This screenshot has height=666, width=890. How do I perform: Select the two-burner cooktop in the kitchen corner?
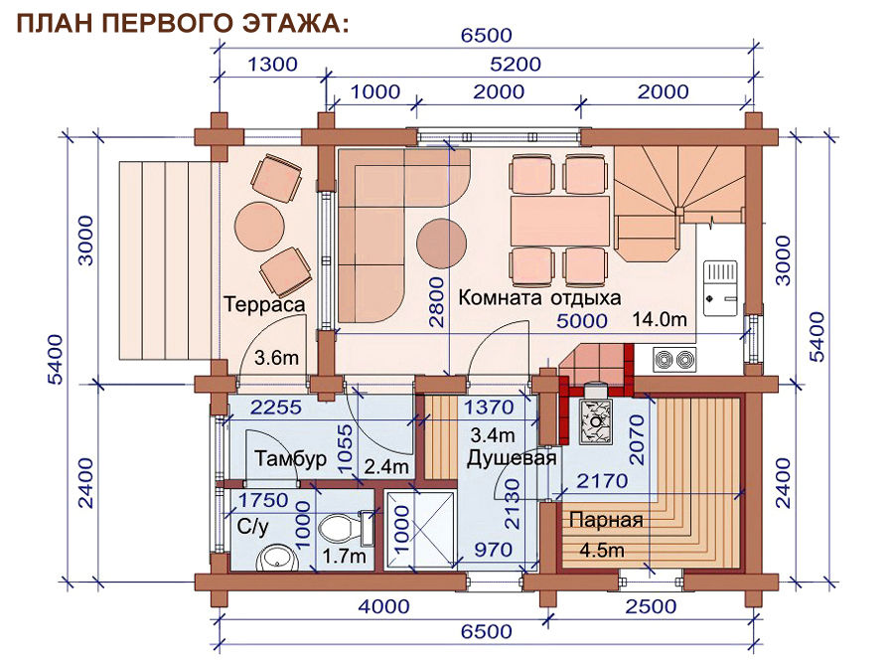coord(673,359)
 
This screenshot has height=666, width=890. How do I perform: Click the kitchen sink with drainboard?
coord(720,287)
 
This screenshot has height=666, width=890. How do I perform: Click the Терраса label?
coord(264,304)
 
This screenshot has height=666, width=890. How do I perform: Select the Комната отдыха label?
coord(539,297)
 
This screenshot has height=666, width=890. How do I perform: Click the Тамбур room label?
coord(290,458)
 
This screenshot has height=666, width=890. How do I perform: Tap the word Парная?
coord(606,520)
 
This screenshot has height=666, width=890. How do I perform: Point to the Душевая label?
coord(512,458)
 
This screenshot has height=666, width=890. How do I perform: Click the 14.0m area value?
coord(660,319)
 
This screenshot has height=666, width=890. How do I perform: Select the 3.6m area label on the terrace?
coord(276,358)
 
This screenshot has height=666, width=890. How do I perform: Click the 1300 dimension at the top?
coord(272,65)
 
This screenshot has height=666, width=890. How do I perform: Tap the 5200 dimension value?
coord(516,65)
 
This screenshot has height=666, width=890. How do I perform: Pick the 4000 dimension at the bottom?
coord(383,606)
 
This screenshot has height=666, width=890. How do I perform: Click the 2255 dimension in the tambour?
coord(276,407)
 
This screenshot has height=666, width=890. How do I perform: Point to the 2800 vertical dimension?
coord(436,302)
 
